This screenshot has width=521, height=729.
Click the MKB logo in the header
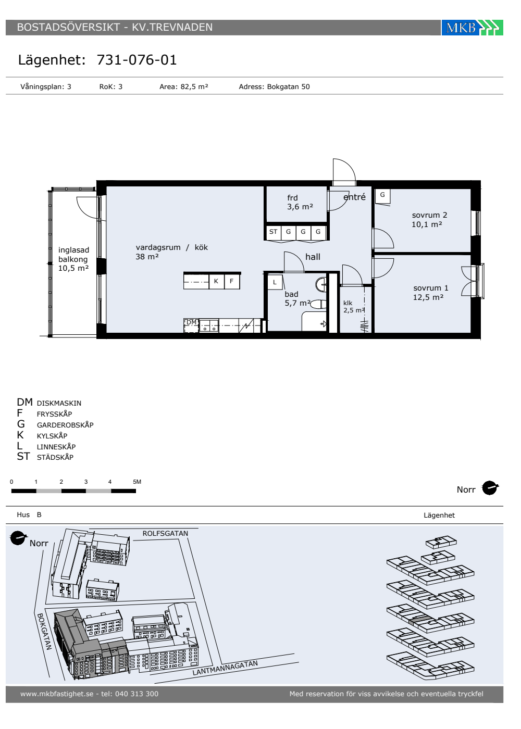pos(472,27)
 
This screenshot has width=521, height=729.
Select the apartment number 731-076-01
pos(137,60)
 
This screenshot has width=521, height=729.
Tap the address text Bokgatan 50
pos(288,86)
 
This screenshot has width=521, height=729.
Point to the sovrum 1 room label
pos(430,293)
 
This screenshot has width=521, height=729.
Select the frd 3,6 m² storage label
pos(300,202)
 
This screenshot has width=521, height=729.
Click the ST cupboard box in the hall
pos(273,232)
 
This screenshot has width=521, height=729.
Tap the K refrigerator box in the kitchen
pos(216,281)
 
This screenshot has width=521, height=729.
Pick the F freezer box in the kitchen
pos(231,281)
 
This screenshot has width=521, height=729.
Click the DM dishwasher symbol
pos(192,325)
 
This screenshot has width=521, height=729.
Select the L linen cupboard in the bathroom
pos(275,282)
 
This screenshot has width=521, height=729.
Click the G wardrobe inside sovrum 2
pos(382,195)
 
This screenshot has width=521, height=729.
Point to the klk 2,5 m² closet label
pos(354,307)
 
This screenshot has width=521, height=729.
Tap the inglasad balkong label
pos(73,259)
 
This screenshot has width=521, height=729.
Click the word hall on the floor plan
pos(313,257)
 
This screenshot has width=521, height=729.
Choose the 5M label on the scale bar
pos(137,482)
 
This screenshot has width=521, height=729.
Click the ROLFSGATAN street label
pos(166,533)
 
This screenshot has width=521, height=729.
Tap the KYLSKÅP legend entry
pos(52,436)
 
